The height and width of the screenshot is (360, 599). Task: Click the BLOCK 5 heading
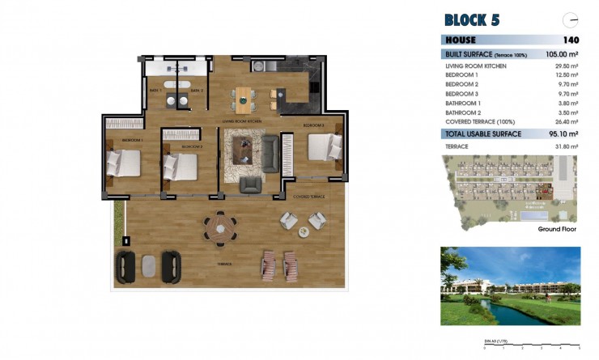[478, 19]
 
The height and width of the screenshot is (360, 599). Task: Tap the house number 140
[571, 40]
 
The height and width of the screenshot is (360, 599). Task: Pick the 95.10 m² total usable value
[563, 133]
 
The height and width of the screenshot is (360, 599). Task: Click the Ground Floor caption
[557, 229]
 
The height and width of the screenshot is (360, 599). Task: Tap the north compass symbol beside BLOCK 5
[571, 19]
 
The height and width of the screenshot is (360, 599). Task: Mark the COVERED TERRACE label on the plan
[308, 197]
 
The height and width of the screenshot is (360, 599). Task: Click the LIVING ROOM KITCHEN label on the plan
[244, 121]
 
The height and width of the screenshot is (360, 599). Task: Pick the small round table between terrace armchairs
[304, 231]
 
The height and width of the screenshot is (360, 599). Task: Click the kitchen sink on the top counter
[259, 66]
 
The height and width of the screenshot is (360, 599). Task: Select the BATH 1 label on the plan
[155, 91]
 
